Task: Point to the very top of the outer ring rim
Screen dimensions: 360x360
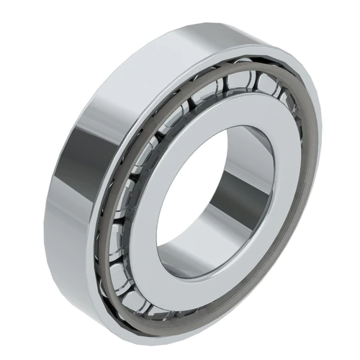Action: (x=238, y=32)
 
